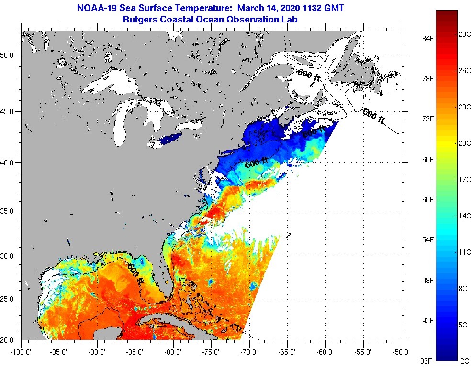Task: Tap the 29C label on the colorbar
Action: coord(464,34)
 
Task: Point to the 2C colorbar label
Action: coord(464,361)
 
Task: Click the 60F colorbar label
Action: coord(428,199)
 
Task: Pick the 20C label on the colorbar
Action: coord(464,143)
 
